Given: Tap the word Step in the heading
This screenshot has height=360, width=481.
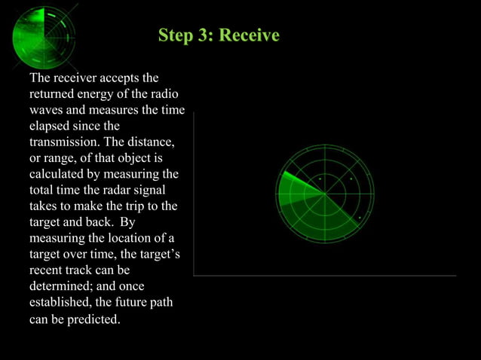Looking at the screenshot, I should coord(176,35).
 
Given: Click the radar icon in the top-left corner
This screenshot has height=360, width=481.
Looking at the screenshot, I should coord(44,36).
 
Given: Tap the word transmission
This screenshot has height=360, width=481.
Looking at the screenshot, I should coord(65,142).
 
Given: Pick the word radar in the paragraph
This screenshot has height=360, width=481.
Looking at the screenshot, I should coord(125,190).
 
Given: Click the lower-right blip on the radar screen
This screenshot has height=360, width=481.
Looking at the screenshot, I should coord(360,218).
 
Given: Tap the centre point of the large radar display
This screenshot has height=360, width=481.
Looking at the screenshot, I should coord(325,194).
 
